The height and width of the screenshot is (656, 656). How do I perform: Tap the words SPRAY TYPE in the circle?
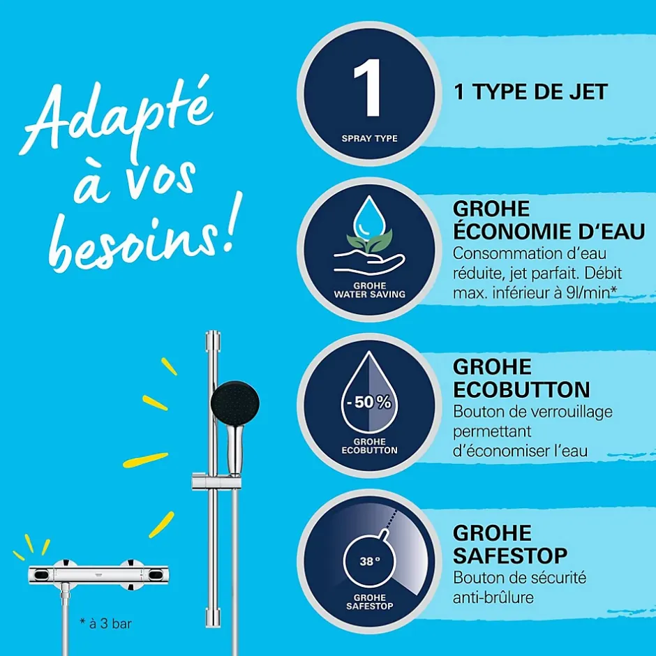369,138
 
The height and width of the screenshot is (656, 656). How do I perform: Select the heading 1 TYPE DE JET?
530,92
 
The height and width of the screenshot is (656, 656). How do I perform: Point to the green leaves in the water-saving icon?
368,241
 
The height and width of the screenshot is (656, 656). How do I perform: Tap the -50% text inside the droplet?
369,402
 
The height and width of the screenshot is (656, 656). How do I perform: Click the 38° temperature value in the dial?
369,560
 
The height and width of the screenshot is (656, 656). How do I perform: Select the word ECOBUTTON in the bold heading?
521,390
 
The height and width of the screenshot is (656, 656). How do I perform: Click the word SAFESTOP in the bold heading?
510,556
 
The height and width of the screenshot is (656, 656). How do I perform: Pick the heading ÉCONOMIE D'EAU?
549,231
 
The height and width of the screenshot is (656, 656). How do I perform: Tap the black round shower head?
234,403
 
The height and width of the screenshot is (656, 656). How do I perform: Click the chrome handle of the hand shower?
234,449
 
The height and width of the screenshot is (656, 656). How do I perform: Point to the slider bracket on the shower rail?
216,482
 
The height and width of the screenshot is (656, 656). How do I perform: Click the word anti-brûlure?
493,597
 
